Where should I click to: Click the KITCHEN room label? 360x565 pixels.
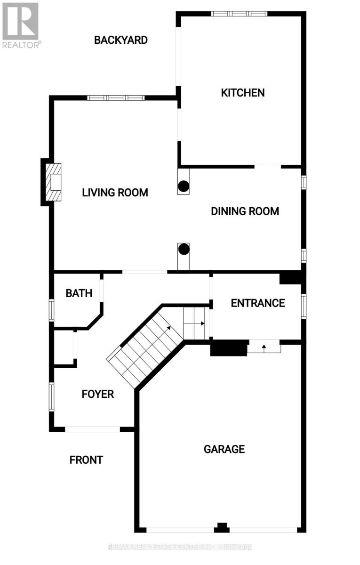243,93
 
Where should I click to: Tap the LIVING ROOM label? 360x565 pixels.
115,193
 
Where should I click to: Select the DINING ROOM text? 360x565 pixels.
245,211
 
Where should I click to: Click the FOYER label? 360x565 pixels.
98,394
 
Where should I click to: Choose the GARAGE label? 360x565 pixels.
224,449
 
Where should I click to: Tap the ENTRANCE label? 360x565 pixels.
257,303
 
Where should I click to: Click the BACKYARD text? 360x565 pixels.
121,40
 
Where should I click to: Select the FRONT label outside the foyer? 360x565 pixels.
86,460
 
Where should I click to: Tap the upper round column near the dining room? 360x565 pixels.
184,187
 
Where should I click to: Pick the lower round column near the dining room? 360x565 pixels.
184,249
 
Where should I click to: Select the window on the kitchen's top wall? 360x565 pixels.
239,14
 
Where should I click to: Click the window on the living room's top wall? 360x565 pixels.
116,98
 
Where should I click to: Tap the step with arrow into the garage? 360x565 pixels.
264,348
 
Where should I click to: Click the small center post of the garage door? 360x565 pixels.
222,527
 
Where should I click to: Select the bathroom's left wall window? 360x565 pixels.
52,310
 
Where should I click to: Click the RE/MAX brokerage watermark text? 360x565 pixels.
180,547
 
